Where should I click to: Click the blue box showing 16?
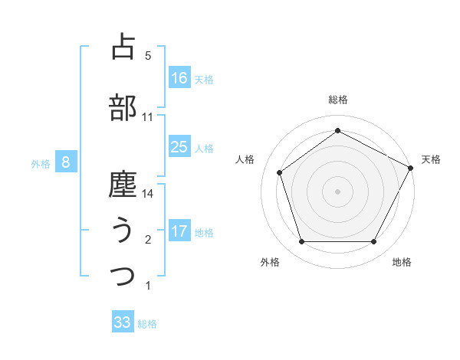click(179, 78)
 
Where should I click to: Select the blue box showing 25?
click(179, 147)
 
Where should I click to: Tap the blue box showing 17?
click(179, 231)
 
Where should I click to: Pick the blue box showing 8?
click(66, 162)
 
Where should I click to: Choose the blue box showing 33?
click(123, 322)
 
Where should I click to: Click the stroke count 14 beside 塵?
click(149, 194)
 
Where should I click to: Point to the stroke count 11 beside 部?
click(148, 117)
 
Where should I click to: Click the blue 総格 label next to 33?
click(148, 324)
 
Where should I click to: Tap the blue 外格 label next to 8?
click(41, 163)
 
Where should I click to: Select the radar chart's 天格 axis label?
click(431, 159)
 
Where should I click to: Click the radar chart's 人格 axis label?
click(245, 159)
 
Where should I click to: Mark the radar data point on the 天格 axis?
click(412, 167)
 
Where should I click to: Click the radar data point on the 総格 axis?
click(337, 131)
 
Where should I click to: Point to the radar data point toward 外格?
click(301, 242)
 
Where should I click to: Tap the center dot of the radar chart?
click(337, 191)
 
